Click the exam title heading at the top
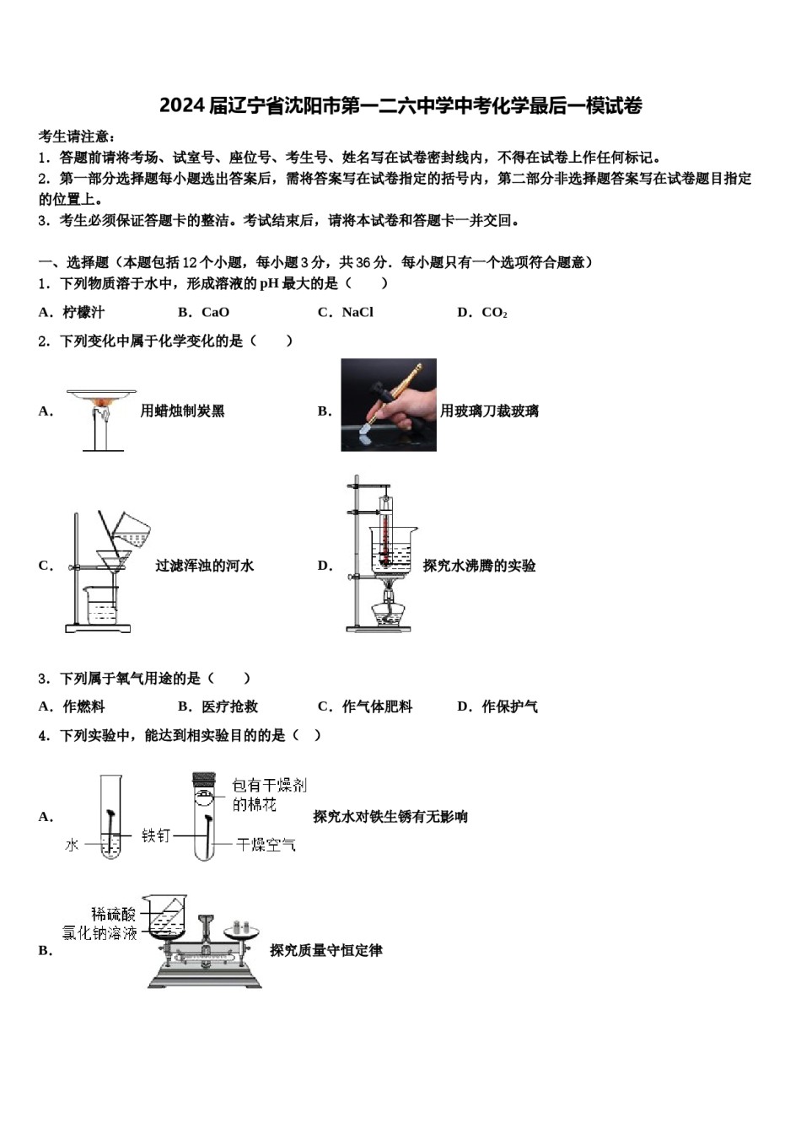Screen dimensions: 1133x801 400,106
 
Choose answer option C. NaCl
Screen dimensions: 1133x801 345,313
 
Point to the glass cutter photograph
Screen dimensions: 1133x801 388,405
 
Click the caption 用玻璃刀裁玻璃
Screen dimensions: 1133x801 489,411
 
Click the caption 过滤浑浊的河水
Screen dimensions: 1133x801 204,566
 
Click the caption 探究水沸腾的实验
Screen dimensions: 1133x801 479,566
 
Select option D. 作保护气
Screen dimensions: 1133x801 497,706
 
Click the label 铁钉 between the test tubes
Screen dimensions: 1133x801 156,835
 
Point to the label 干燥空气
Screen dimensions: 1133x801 266,844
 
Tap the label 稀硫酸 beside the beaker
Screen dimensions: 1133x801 114,914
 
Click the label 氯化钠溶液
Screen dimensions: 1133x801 99,933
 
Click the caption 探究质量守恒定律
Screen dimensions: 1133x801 325,951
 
